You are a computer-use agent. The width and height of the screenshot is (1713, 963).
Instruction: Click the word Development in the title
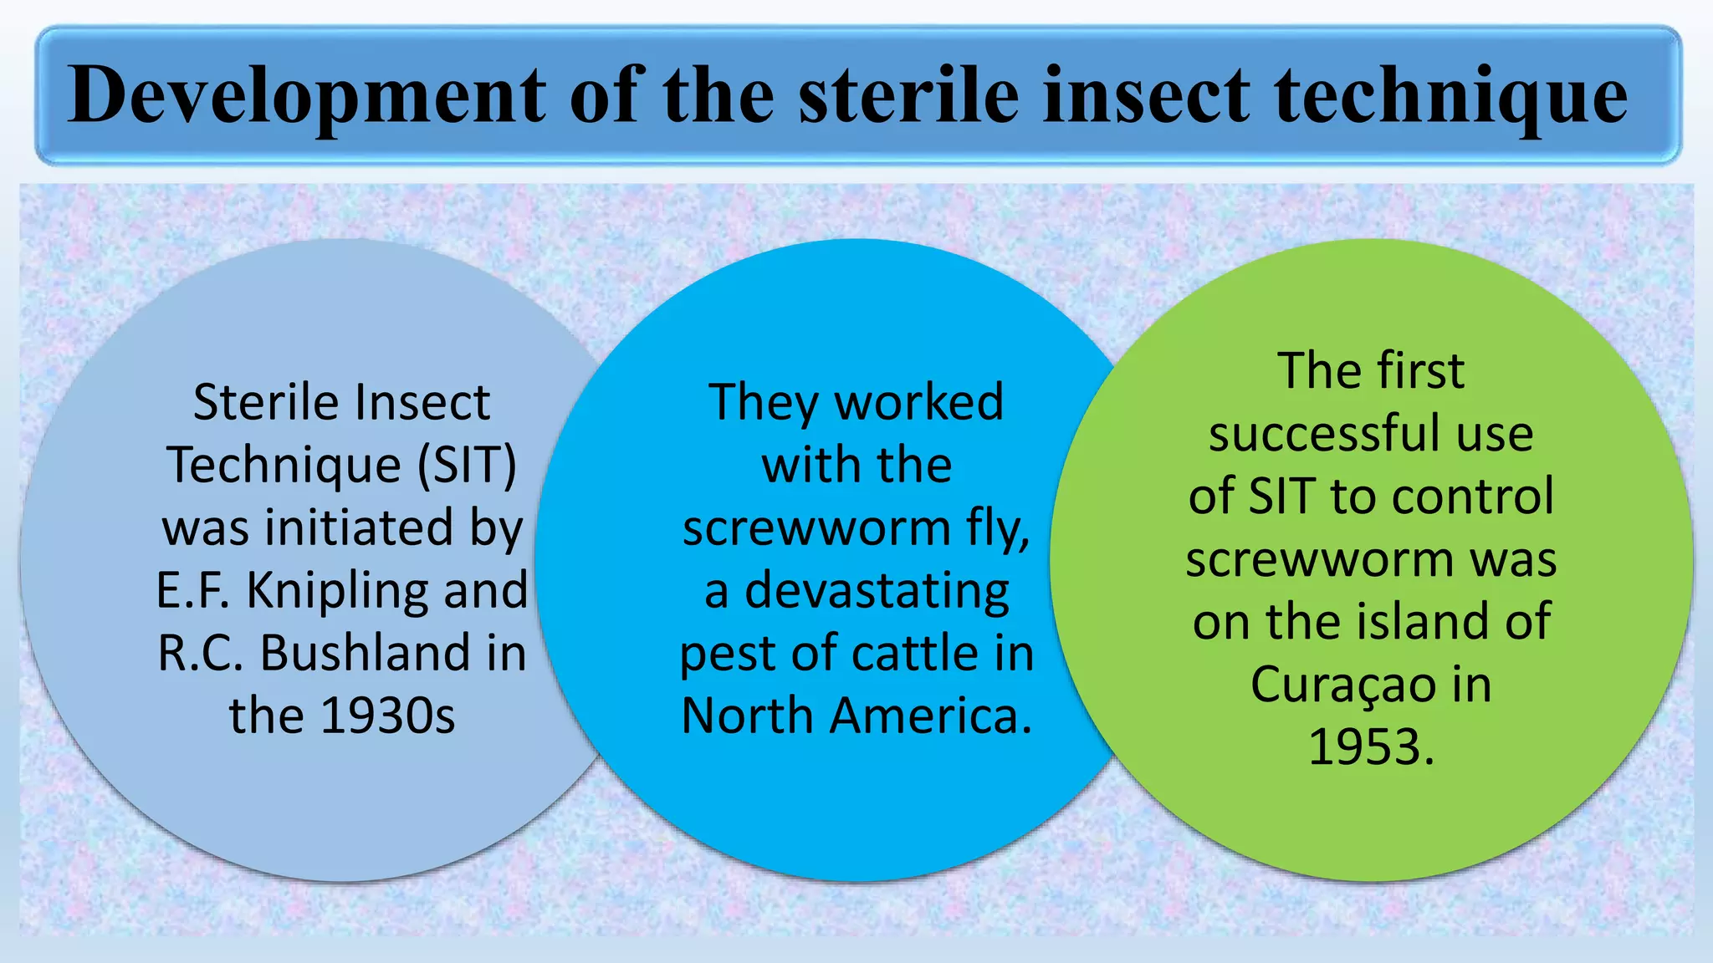click(305, 95)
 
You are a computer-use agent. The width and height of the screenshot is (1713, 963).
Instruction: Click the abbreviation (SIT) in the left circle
click(467, 465)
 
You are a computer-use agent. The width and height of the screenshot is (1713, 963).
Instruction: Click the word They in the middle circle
click(762, 404)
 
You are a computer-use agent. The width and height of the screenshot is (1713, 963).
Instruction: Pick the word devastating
click(876, 591)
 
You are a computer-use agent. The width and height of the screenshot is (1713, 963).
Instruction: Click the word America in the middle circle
click(930, 716)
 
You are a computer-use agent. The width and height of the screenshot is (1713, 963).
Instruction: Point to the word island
click(1426, 622)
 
